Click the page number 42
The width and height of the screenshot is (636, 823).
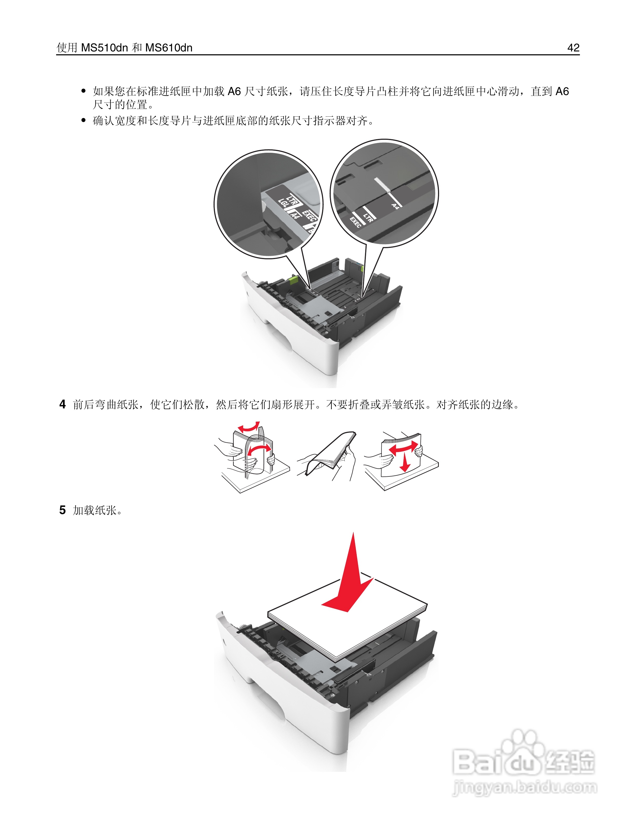click(x=573, y=48)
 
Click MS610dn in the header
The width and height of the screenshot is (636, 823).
click(x=169, y=48)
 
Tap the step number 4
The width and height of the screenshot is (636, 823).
click(x=63, y=404)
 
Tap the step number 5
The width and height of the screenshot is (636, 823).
click(x=63, y=510)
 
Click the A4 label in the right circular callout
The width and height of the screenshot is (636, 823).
click(x=394, y=206)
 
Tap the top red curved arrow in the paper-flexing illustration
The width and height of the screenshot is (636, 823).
click(x=249, y=428)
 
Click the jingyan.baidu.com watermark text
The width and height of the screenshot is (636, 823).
click(x=525, y=788)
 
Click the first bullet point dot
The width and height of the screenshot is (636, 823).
click(x=84, y=91)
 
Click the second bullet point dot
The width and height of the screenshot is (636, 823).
click(x=84, y=121)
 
